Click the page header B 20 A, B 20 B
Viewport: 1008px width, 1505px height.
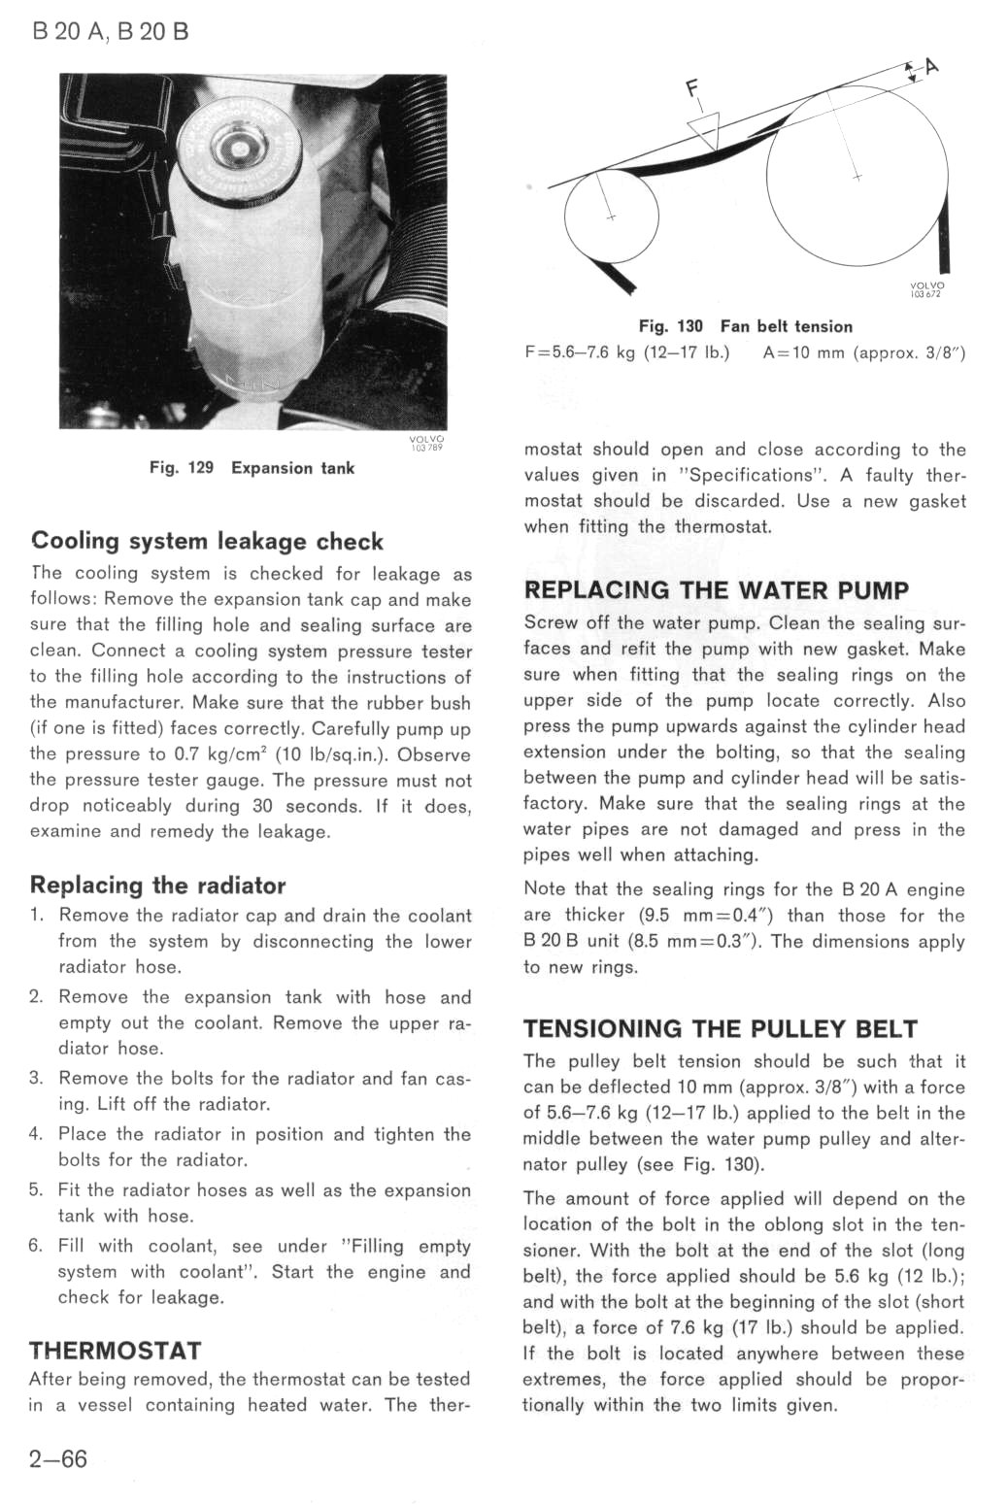pos(111,31)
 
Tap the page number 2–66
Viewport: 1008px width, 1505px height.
pos(58,1458)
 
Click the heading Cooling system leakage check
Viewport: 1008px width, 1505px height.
pos(207,541)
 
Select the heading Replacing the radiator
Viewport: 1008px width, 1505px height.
pos(157,885)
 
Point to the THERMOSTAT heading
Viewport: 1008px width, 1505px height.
pos(115,1351)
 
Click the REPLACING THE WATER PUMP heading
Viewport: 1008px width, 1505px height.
pos(716,590)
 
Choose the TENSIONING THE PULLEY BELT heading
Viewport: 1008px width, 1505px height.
pos(720,1029)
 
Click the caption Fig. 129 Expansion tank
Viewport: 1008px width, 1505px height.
pos(252,468)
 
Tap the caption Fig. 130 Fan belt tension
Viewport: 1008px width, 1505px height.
pos(745,326)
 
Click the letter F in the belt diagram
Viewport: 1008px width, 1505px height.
pos(692,89)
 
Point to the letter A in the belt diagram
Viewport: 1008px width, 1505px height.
pos(932,66)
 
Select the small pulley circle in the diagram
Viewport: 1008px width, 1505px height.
pos(611,216)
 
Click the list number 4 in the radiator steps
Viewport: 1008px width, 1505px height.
pos(36,1134)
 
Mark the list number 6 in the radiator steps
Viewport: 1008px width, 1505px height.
pos(36,1246)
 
